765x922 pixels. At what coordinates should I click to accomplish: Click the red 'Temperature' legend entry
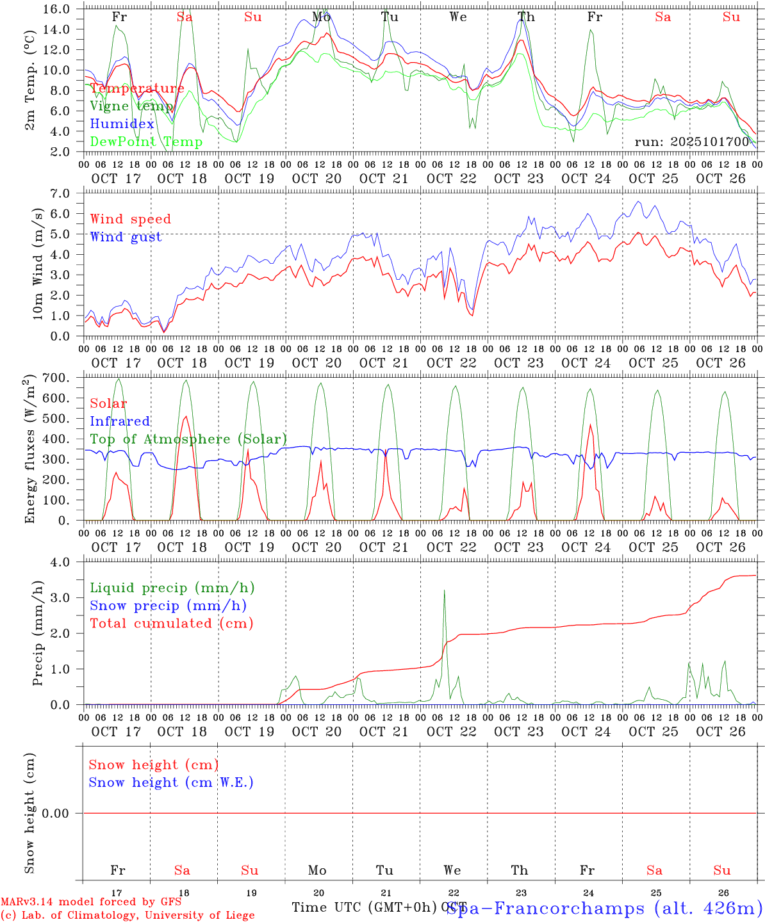[x=137, y=88]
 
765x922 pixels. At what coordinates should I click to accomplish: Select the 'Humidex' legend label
[x=122, y=124]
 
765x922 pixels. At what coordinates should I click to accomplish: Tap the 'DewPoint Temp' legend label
[x=146, y=142]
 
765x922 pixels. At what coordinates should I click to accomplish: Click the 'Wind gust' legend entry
[x=126, y=237]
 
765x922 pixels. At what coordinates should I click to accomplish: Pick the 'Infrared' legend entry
[x=120, y=421]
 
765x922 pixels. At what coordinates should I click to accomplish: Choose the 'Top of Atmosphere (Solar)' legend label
[x=188, y=439]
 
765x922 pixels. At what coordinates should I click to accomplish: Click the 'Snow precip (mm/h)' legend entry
[x=168, y=606]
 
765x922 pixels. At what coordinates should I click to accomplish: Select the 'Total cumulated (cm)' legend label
[x=171, y=623]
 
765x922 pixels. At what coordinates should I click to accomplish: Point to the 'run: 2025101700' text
[x=691, y=142]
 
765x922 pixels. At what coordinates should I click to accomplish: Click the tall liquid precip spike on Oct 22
[x=444, y=592]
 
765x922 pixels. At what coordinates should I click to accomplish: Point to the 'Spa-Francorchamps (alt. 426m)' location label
[x=604, y=908]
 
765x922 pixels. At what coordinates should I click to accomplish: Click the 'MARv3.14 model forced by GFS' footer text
[x=91, y=902]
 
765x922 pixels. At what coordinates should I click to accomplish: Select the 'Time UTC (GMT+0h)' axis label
[x=365, y=907]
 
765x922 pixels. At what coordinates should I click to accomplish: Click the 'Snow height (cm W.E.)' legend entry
[x=171, y=782]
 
